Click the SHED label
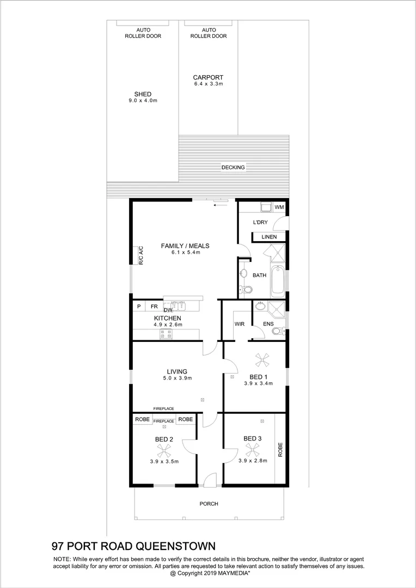(143, 94)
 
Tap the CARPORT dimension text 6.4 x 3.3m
(208, 84)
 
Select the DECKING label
(233, 167)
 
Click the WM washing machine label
(279, 207)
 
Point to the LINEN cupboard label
(269, 237)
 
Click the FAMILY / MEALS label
(185, 246)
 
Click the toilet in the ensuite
(277, 330)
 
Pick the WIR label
(239, 324)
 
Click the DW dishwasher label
(168, 310)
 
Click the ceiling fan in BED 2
(164, 450)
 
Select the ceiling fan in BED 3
(252, 449)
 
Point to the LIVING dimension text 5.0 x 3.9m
(177, 378)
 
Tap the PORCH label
(209, 504)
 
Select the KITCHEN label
(168, 318)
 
